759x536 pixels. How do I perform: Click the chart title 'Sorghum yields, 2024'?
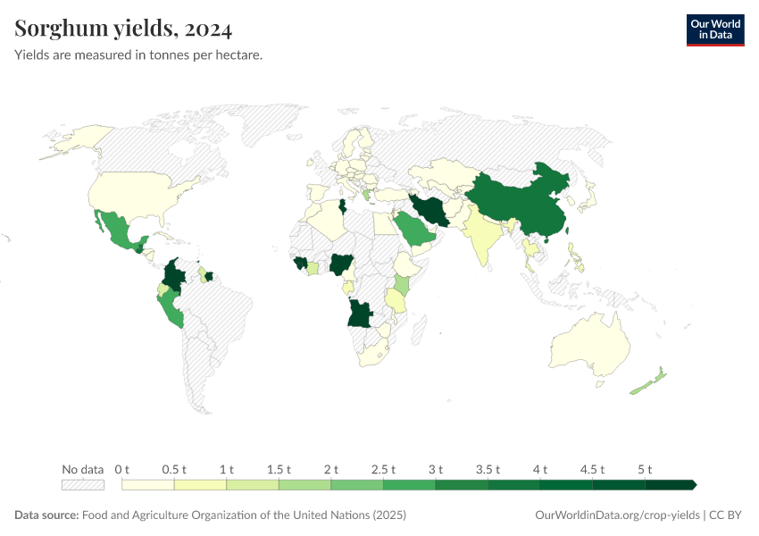[x=123, y=29]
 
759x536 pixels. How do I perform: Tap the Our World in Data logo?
[x=714, y=29]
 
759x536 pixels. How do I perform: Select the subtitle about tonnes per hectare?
[x=138, y=55]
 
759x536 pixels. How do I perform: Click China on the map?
[x=518, y=201]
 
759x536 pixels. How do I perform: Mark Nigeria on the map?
[x=341, y=264]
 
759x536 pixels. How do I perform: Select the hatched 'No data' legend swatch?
[x=82, y=485]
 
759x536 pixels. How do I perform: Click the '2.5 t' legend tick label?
[x=383, y=469]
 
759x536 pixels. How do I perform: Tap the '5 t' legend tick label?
[x=645, y=469]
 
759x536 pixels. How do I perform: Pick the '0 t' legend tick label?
[x=122, y=469]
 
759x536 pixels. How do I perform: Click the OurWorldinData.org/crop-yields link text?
[x=616, y=515]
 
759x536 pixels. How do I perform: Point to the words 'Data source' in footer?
[x=46, y=515]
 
